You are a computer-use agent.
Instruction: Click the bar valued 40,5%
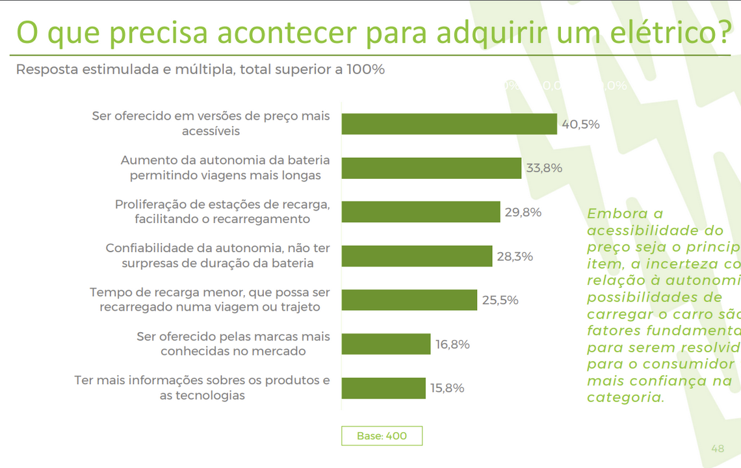449,124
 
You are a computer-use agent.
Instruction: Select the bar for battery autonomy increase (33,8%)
432,168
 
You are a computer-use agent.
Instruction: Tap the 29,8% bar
421,212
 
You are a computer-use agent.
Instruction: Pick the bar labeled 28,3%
417,256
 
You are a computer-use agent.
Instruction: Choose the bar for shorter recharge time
409,300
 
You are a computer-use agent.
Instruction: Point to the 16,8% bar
386,344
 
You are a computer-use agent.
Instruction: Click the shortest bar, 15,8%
383,388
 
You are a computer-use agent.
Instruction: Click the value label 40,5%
580,124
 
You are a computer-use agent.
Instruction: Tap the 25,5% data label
500,300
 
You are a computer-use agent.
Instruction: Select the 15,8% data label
447,388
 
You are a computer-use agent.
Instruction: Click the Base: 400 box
382,436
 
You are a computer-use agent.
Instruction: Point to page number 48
718,448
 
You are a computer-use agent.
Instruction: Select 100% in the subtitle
364,70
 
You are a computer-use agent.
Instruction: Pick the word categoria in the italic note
625,397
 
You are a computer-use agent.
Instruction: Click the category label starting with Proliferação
222,212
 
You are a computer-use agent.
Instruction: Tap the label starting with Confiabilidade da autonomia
218,256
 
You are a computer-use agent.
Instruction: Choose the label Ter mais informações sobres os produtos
202,387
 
